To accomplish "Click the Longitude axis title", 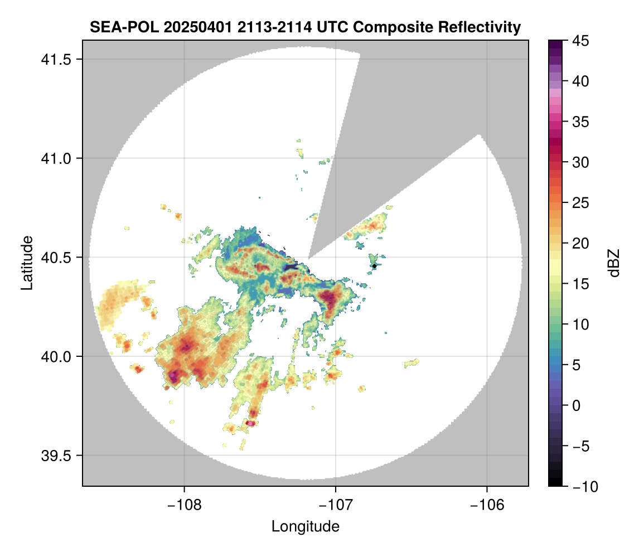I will [305, 526].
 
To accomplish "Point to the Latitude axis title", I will [27, 263].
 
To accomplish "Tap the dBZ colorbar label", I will [614, 263].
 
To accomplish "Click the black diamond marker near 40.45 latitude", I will [375, 266].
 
